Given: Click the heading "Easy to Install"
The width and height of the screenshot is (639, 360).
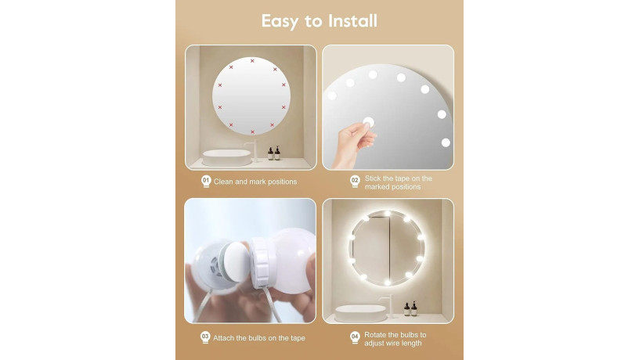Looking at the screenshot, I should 319,21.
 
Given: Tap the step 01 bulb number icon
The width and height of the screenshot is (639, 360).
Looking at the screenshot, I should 206,182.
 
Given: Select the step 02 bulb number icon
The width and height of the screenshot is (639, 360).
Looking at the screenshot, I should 354,182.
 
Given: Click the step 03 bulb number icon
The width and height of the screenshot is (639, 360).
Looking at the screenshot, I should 206,337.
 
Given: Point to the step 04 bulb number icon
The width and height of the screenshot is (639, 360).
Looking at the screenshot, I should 354,337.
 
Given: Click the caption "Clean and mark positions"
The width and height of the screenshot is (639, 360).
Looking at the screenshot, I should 255,182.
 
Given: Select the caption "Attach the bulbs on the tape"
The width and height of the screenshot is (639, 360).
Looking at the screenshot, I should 258,337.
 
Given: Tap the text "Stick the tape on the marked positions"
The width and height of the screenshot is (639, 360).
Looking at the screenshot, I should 398,182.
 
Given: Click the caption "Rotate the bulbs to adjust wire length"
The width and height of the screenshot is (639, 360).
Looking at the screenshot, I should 401,338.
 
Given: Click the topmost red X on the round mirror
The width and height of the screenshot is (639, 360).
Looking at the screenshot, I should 252,61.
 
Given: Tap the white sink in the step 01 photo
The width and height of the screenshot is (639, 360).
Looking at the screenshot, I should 229,157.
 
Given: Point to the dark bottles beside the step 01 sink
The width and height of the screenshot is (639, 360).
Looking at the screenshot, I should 273,153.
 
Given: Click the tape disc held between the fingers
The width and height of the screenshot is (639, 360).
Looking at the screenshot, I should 368,122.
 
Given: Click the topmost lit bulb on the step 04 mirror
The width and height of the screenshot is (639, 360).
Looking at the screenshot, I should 388,214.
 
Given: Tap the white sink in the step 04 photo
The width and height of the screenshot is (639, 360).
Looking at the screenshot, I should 360,311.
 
